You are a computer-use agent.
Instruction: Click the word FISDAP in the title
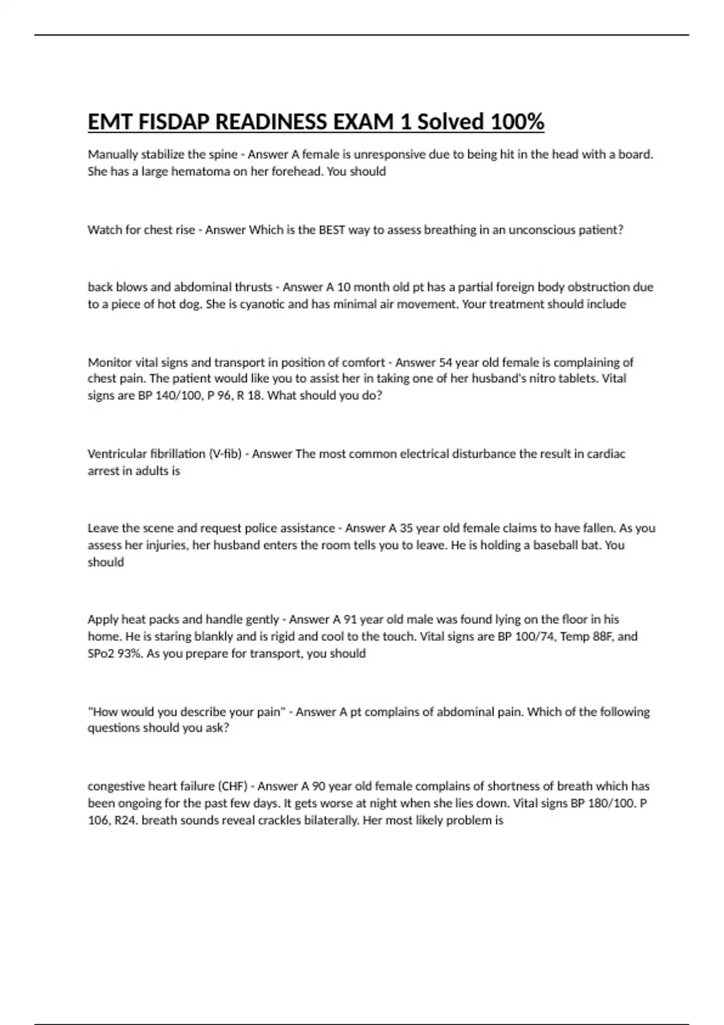point(174,122)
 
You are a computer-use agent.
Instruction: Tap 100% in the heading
point(517,122)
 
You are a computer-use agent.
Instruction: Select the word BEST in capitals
point(332,230)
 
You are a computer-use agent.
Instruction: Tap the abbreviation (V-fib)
point(225,454)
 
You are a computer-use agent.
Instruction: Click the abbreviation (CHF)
point(232,786)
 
